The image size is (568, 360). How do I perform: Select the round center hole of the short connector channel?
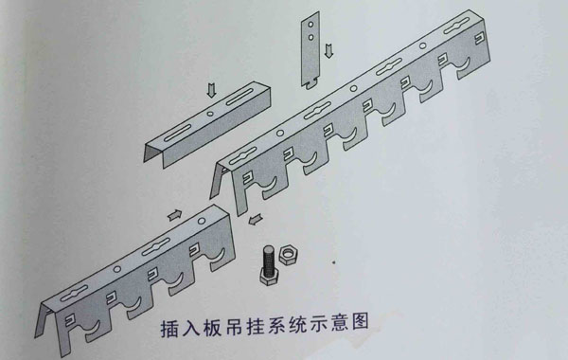pyautogui.click(x=207, y=119)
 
